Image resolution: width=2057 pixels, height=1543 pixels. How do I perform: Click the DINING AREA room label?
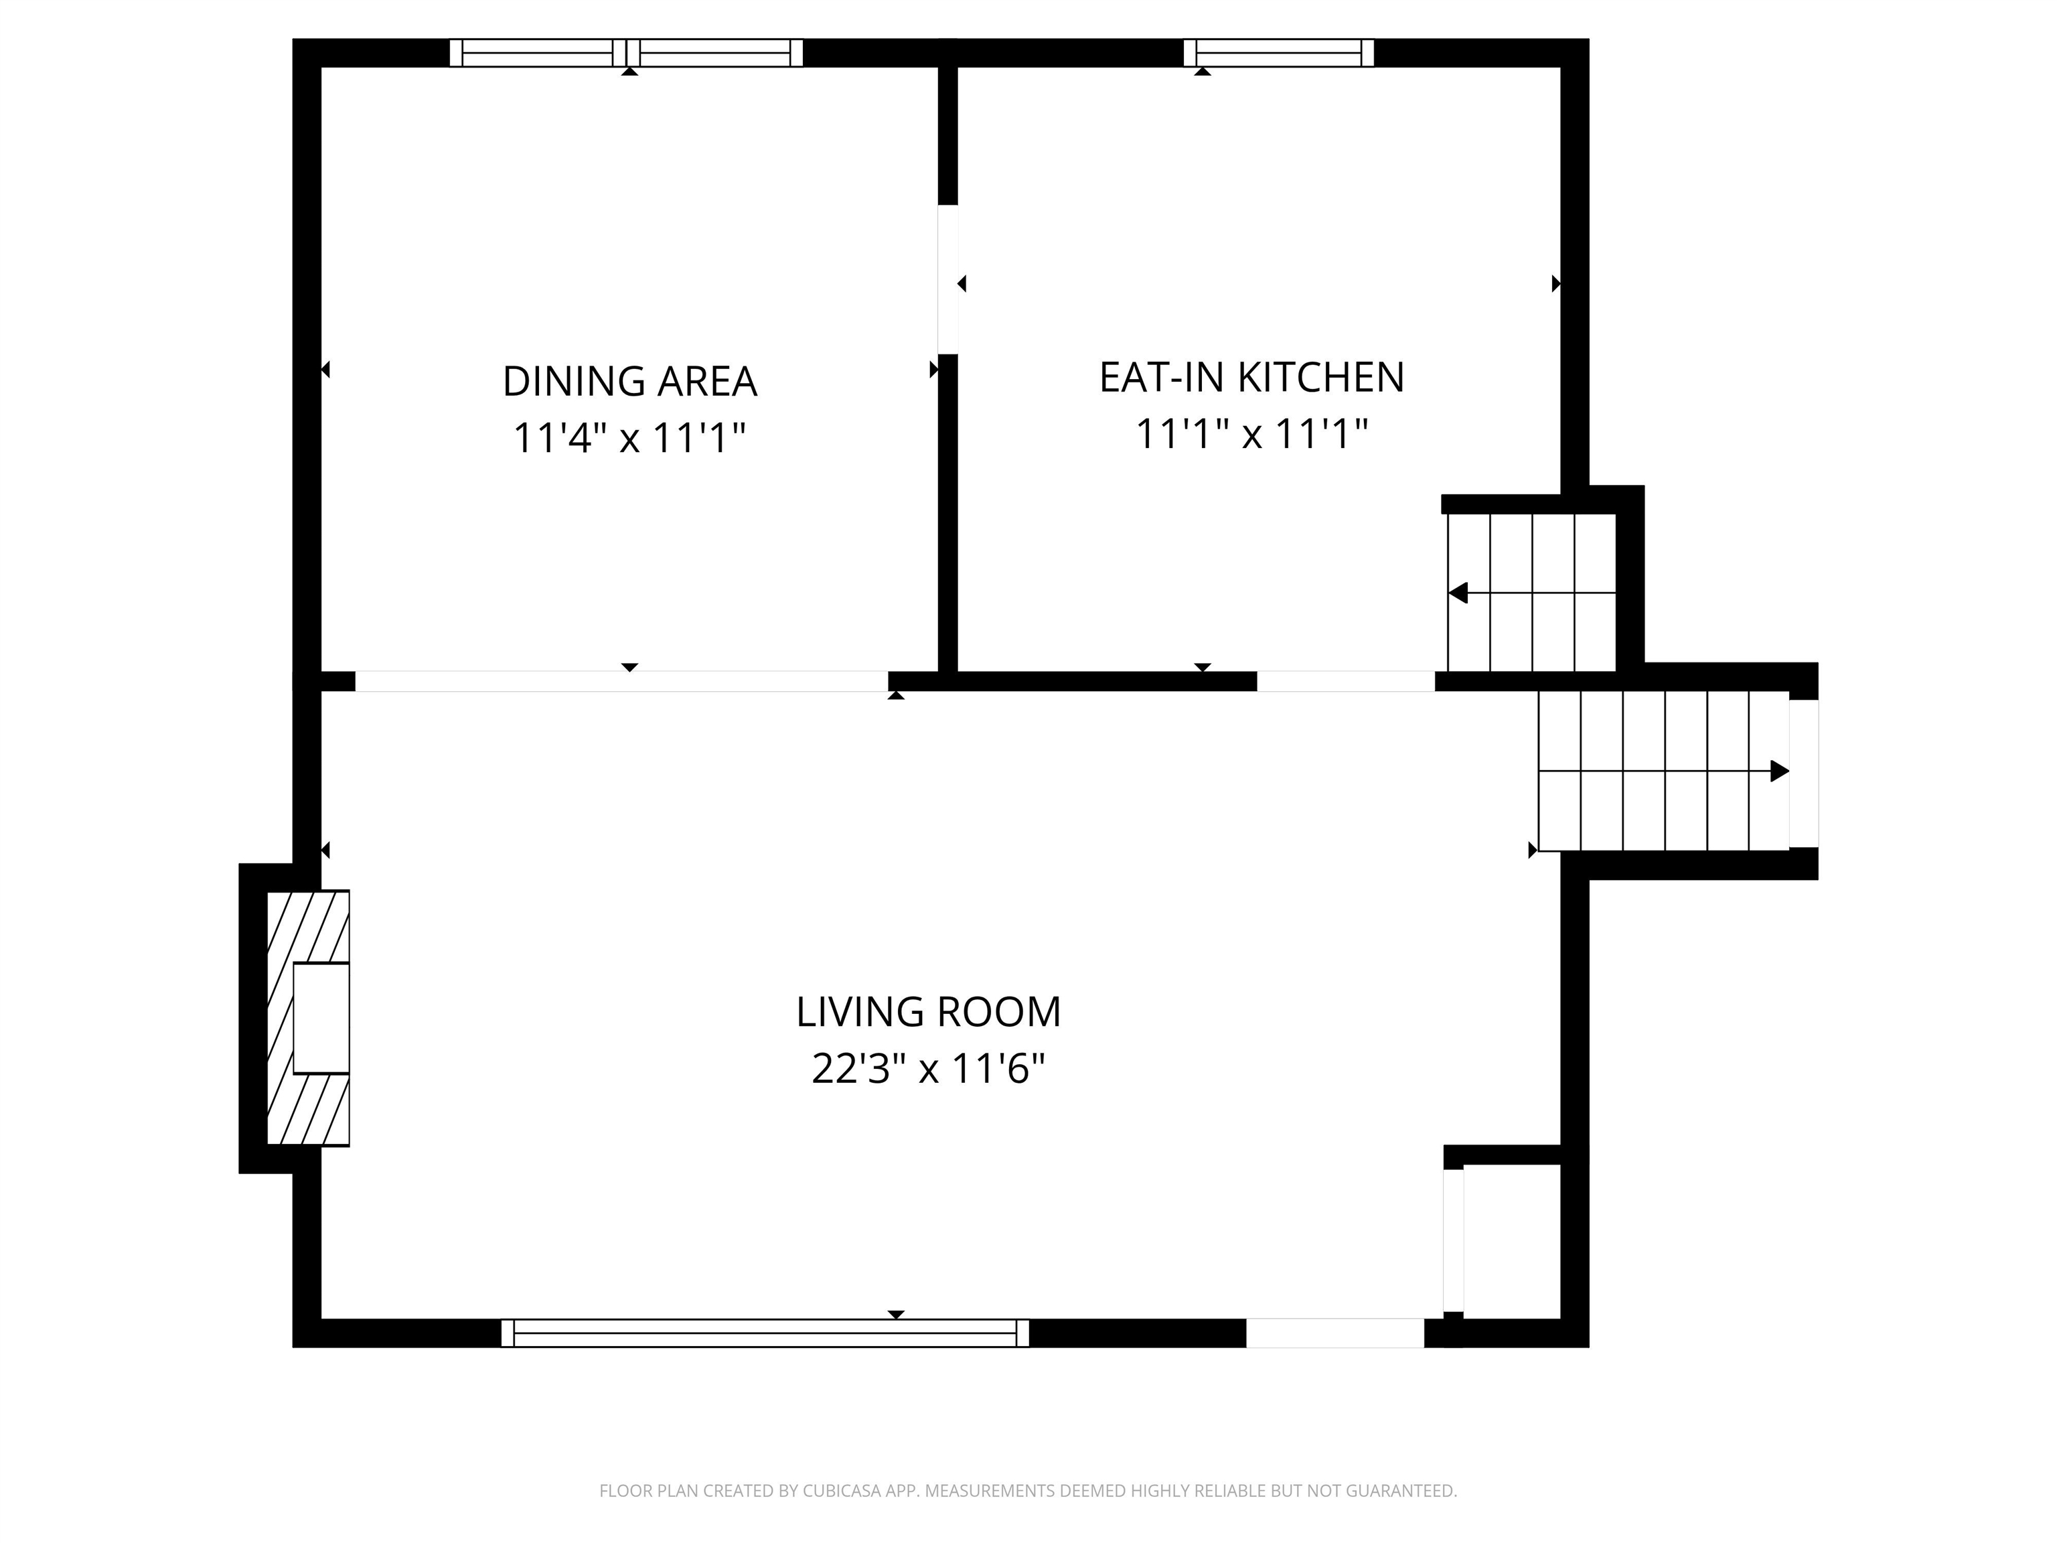pyautogui.click(x=629, y=381)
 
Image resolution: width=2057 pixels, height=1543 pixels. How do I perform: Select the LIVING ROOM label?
pyautogui.click(x=928, y=1012)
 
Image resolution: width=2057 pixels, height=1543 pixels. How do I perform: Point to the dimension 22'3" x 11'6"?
pyautogui.click(x=928, y=1069)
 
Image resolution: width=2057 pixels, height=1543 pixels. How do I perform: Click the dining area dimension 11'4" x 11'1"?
pyautogui.click(x=629, y=437)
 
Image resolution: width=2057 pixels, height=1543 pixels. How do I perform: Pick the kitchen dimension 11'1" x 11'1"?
pyautogui.click(x=1251, y=433)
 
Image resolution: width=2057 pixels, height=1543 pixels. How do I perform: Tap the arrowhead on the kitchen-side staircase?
pyautogui.click(x=1458, y=593)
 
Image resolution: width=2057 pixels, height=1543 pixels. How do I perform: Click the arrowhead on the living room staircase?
pyautogui.click(x=1780, y=771)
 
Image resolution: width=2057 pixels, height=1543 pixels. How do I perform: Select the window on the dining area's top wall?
pyautogui.click(x=626, y=53)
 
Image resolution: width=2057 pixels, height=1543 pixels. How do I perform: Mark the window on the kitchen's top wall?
pyautogui.click(x=1279, y=53)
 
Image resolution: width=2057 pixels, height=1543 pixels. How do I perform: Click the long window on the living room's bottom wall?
pyautogui.click(x=765, y=1333)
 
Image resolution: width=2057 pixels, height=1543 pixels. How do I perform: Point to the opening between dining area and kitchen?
pyautogui.click(x=947, y=279)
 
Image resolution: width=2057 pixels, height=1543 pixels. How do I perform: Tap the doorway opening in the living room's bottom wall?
pyautogui.click(x=1335, y=1333)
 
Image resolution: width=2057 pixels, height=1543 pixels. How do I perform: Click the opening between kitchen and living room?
pyautogui.click(x=1346, y=681)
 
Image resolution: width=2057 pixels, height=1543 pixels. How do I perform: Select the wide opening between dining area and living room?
pyautogui.click(x=621, y=681)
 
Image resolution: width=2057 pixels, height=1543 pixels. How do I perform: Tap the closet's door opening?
pyautogui.click(x=1454, y=1241)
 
